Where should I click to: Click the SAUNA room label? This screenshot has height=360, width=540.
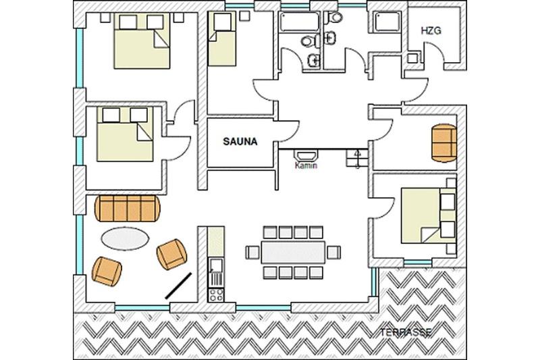(x=240, y=142)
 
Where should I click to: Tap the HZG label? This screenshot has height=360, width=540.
(x=431, y=30)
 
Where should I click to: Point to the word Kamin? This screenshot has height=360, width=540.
(x=306, y=165)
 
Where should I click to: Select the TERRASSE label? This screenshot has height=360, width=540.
(x=406, y=332)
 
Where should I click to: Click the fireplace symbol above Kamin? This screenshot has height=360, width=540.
(x=306, y=155)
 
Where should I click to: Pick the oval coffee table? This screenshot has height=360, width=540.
(x=126, y=238)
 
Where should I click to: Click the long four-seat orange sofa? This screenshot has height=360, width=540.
(x=128, y=209)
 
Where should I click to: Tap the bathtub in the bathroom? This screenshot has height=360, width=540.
(x=299, y=22)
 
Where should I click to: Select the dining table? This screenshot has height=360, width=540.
(x=293, y=252)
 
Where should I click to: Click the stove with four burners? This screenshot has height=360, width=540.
(x=216, y=295)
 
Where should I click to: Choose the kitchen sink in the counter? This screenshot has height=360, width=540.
(x=216, y=265)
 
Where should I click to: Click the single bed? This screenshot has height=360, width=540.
(x=222, y=39)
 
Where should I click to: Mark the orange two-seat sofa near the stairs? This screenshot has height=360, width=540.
(x=444, y=143)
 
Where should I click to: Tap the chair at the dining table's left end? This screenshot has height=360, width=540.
(x=252, y=252)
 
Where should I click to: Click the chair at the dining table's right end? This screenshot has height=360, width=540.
(x=333, y=252)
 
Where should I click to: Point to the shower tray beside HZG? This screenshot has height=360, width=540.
(x=387, y=22)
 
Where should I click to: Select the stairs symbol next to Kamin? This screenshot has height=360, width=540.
(x=357, y=158)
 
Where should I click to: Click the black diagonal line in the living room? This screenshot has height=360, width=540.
(x=178, y=286)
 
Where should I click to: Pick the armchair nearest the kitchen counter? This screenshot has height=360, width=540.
(x=172, y=254)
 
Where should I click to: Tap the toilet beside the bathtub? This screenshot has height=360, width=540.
(x=310, y=41)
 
